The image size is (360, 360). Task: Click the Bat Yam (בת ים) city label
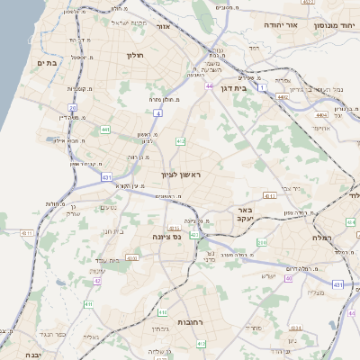click(x=48, y=63)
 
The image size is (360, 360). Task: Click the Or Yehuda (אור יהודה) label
click(x=280, y=25)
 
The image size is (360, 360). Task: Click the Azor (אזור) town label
click(x=164, y=28)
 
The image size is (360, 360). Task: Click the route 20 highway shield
click(x=72, y=108)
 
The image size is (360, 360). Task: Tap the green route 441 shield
click(x=106, y=130)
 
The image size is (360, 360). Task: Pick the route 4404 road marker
click(x=321, y=115)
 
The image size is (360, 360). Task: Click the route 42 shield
click(x=97, y=281)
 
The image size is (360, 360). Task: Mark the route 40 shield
click(x=289, y=279)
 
